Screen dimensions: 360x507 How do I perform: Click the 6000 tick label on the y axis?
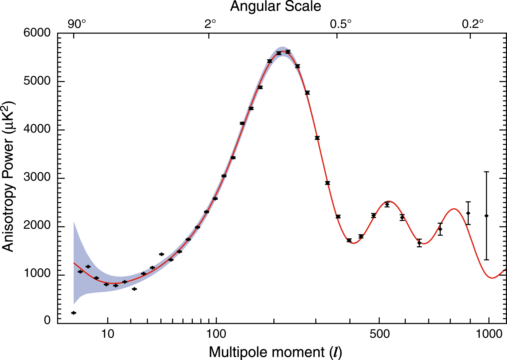pos(37,33)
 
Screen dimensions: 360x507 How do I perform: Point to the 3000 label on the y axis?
pos(37,178)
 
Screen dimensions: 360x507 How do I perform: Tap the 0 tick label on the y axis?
pos(47,320)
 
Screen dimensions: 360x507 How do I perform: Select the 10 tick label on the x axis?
pos(108,334)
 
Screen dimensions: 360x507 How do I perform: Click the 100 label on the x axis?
pos(216,334)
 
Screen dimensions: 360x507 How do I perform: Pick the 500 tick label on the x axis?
pos(379,334)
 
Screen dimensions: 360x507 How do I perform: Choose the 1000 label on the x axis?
pos(489,334)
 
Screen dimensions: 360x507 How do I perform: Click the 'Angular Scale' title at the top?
pos(275,6)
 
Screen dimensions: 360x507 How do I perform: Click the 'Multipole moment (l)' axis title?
pos(275,352)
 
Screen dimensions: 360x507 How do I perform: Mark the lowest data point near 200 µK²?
pos(73,313)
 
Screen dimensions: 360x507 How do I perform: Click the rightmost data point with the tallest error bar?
pos(486,216)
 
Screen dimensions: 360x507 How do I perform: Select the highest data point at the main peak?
pos(288,52)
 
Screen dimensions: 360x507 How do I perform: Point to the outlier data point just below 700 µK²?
pos(134,289)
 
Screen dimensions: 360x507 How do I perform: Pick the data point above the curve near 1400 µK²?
pos(161,254)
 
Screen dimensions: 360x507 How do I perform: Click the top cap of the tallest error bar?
pos(486,172)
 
